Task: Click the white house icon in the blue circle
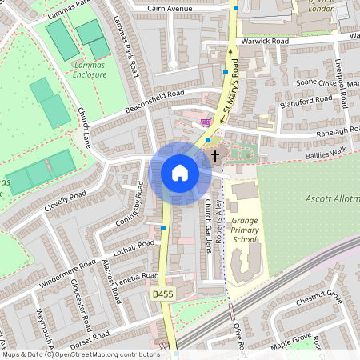pyautogui.click(x=180, y=173)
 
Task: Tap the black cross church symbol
pyautogui.click(x=214, y=151)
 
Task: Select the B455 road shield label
pyautogui.click(x=162, y=295)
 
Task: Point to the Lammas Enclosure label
pyautogui.click(x=89, y=70)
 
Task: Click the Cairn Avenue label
pyautogui.click(x=172, y=9)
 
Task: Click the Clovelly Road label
pyautogui.click(x=66, y=198)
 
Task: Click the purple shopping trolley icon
pyautogui.click(x=208, y=122)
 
